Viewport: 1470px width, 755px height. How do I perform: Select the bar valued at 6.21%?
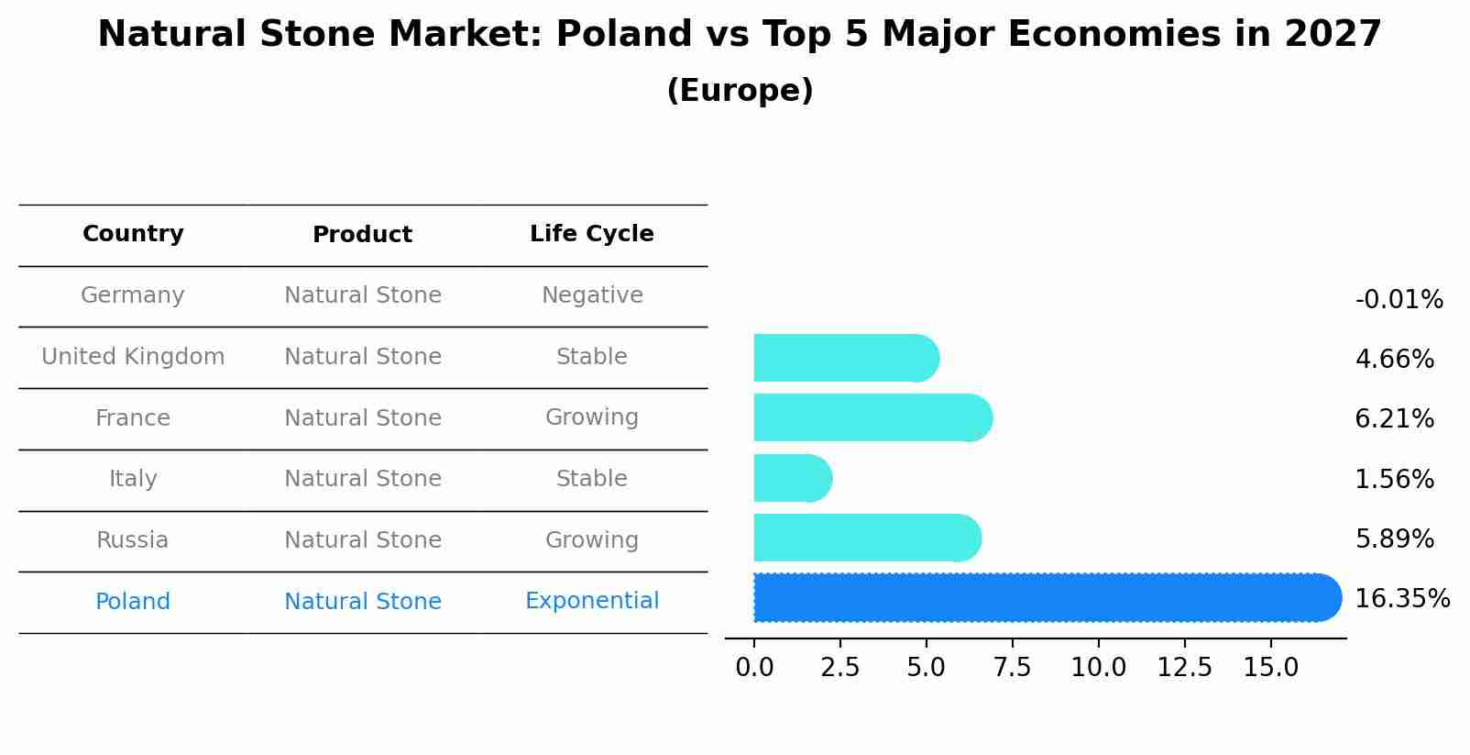pos(871,417)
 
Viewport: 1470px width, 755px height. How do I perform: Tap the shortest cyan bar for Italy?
pos(791,478)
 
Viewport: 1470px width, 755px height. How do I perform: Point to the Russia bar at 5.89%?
pos(866,538)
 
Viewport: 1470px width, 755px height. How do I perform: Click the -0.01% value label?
pos(1399,300)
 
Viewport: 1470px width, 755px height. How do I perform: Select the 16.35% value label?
pos(1401,599)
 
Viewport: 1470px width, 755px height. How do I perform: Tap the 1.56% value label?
pos(1394,479)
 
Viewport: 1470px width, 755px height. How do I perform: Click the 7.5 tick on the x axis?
pos(1012,668)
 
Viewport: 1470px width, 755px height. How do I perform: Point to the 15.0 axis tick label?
pos(1270,668)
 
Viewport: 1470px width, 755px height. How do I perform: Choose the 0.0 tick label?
pos(754,668)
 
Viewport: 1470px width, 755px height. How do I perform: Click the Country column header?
pos(133,234)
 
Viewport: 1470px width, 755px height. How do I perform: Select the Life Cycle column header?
pos(592,234)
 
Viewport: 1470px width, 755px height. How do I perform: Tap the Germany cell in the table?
pos(133,295)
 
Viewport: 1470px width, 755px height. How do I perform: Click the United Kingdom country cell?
pos(133,357)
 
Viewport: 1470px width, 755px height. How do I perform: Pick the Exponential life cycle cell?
pos(592,601)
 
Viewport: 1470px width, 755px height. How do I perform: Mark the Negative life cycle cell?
pos(592,295)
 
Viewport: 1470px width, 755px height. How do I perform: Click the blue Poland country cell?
pos(133,602)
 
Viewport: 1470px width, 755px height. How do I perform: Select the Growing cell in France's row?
pos(592,417)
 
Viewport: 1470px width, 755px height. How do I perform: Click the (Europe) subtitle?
pos(740,91)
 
